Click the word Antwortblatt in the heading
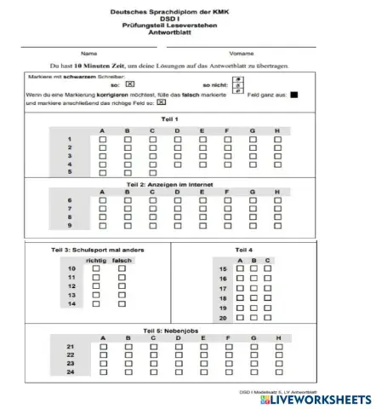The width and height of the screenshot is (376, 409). (x=187, y=37)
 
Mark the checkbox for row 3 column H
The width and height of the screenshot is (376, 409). (x=277, y=157)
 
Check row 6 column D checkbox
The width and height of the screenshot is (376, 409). (x=177, y=202)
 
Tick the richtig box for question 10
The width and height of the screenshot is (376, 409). (x=96, y=268)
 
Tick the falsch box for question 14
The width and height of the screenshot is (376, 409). (x=121, y=303)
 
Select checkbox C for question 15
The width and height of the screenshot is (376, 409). (x=267, y=269)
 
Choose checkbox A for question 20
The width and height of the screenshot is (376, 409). (x=240, y=317)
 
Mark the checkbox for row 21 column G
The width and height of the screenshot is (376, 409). (x=253, y=348)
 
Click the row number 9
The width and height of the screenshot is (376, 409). (x=70, y=226)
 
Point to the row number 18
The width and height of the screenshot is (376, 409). (x=224, y=298)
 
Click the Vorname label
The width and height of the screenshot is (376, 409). (x=242, y=53)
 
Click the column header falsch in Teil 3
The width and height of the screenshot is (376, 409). (x=121, y=259)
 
